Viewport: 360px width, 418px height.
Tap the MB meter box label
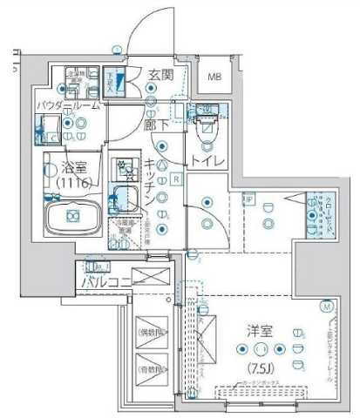pyautogui.click(x=214, y=77)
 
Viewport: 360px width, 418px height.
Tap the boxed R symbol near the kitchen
pyautogui.click(x=176, y=179)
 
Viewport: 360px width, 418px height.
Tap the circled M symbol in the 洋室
pyautogui.click(x=325, y=306)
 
